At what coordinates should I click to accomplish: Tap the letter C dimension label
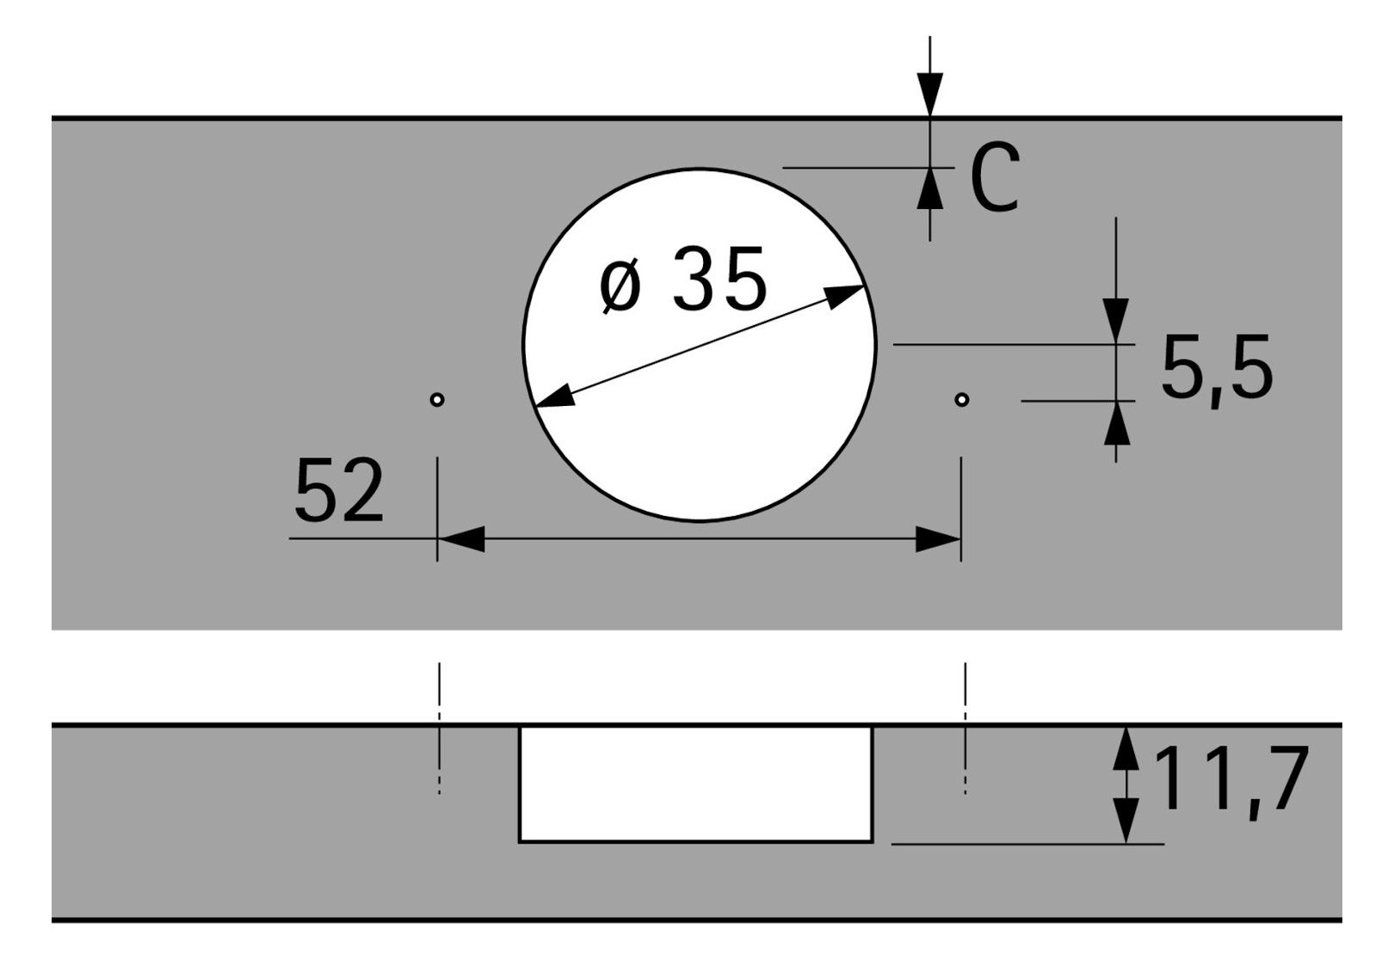point(995,177)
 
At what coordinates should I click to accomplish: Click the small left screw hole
point(437,399)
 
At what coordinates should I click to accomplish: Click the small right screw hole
point(961,399)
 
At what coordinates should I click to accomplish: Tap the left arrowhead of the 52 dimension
point(461,538)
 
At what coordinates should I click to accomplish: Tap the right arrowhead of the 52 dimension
point(938,538)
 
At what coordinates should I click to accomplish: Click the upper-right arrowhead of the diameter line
point(844,297)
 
